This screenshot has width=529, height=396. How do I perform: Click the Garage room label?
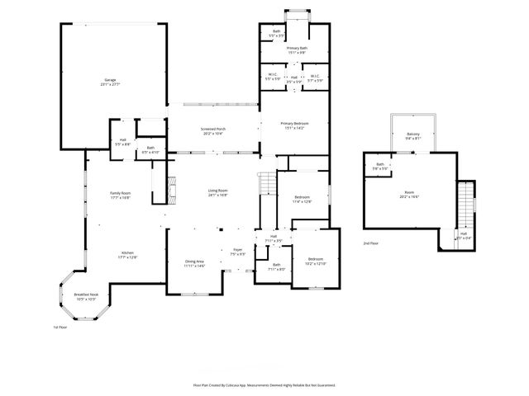point(110,81)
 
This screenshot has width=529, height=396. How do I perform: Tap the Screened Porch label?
point(214,131)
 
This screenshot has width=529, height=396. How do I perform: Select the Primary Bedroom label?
point(294,125)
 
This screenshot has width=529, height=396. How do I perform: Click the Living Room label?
point(217,193)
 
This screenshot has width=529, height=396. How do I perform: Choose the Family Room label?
point(121,196)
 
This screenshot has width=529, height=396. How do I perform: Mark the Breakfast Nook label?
point(86,296)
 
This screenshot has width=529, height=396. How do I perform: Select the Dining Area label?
point(194,264)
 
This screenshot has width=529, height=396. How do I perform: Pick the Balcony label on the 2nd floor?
point(412,136)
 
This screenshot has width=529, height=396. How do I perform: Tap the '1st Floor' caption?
point(60,327)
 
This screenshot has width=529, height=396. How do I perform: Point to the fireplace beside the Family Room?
point(172,189)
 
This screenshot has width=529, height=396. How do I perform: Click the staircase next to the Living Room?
point(266,184)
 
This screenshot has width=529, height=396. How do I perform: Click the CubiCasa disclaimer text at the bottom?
point(264,384)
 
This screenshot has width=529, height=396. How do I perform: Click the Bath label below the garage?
point(150,151)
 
